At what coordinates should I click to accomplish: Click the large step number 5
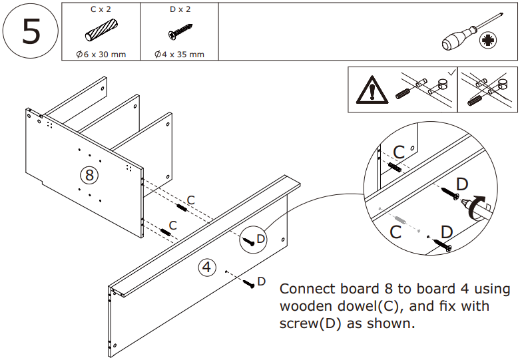pos(31,32)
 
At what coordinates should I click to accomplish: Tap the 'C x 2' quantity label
pos(101,9)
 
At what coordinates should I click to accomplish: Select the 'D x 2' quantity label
pos(178,9)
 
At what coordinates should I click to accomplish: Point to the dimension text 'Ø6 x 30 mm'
pos(101,54)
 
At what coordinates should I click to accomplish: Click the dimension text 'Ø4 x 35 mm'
pos(179,54)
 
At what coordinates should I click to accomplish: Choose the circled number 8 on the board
pos(89,175)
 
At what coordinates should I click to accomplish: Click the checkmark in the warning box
pos(452,71)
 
